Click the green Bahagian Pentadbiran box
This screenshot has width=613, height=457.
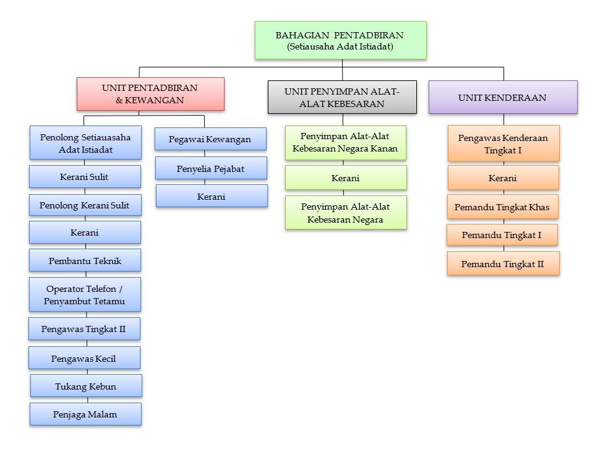pos(340,40)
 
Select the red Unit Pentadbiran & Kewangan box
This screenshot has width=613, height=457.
pos(150,94)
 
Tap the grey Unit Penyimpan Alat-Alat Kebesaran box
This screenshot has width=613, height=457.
pos(342,98)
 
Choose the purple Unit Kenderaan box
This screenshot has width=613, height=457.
pos(502,98)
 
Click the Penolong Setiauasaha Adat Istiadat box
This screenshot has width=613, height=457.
pos(85,143)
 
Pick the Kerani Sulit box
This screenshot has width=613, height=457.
pos(85,177)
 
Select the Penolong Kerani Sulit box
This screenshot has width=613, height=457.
pos(85,205)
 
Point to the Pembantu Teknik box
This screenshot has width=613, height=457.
pos(85,261)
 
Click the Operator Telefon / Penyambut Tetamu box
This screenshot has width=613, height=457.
pos(85,295)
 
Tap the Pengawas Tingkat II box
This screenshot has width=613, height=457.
pos(84,329)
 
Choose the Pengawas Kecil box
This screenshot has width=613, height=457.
pos(84,359)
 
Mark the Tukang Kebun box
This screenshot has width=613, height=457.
pos(86,387)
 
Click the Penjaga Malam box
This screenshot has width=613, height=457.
pos(85,414)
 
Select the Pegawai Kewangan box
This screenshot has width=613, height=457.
pos(210,139)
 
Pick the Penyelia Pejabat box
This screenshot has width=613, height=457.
pos(211,168)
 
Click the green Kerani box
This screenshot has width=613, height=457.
pos(346,178)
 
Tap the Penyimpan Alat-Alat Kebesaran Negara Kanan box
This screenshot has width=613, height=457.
pos(346,143)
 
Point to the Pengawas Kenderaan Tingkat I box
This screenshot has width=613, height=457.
pos(504,144)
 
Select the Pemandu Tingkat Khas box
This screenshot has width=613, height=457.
pos(502,207)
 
